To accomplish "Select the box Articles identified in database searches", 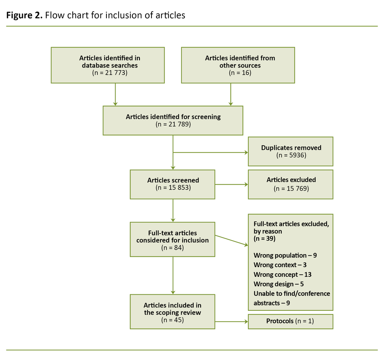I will coord(108,65).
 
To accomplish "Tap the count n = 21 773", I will coord(109,73).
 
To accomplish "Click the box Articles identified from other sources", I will coord(238,65).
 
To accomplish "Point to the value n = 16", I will coord(240,73).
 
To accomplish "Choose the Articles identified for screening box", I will coord(173,120).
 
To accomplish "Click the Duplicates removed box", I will coord(290,151).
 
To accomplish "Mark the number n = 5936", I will coord(291,155).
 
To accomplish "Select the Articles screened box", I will coord(172,184).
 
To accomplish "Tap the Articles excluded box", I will coord(290,184).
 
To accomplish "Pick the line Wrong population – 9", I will coord(285,256).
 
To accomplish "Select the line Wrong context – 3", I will coord(280,265).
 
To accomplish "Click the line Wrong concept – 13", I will coord(282,274).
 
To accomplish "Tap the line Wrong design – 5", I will coord(278,284).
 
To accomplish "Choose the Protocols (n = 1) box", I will coord(290,321).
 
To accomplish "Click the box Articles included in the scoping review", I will coord(172,312).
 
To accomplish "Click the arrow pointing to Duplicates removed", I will coord(210,152).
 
